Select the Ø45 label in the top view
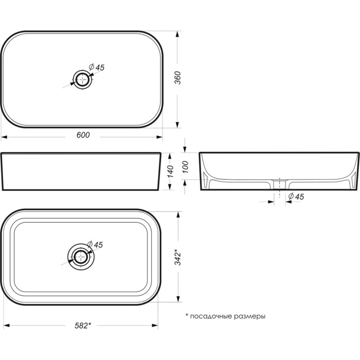point(97,67)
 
